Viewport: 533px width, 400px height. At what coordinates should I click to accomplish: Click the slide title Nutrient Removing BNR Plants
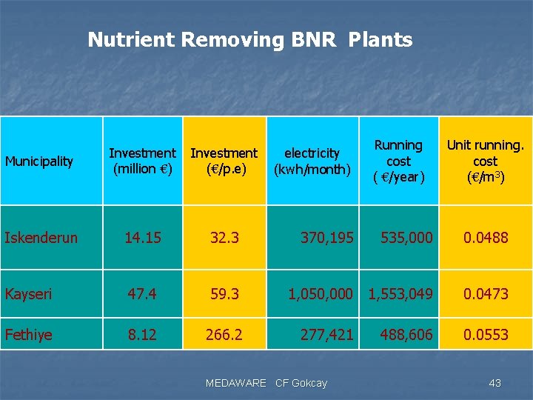pos(249,39)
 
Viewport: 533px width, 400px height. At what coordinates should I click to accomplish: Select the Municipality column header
pos(39,161)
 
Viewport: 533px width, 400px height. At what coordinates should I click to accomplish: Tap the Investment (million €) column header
pos(142,161)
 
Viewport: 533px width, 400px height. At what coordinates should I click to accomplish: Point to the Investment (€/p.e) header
pos(224,161)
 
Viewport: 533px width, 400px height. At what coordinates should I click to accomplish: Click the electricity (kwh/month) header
pos(312,161)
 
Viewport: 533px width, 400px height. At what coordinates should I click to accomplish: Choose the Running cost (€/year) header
pos(398,161)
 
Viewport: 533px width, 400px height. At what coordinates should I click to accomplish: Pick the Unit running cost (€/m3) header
pos(485,161)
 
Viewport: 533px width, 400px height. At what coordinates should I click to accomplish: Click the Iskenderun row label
pos(41,238)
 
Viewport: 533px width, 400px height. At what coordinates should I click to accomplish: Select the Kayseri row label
pos(29,294)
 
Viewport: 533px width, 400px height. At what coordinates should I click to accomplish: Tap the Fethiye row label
pos(29,335)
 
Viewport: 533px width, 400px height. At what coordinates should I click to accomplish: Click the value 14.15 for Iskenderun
pos(142,238)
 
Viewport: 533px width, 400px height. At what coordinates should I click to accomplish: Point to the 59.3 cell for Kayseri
pos(224,294)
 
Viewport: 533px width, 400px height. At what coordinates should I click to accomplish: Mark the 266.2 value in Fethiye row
pos(224,335)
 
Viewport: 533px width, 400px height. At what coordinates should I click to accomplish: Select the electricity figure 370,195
pos(326,238)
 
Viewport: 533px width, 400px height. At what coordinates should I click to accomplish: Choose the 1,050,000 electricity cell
pos(321,294)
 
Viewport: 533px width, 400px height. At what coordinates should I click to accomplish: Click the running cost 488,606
pos(406,335)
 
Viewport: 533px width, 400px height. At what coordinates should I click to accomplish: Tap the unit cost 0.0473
pos(486,294)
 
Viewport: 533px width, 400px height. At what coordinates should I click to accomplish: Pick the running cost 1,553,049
pos(400,294)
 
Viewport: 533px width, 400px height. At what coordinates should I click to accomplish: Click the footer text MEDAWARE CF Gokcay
pos(266,383)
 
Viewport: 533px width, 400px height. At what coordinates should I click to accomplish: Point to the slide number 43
pos(495,383)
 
